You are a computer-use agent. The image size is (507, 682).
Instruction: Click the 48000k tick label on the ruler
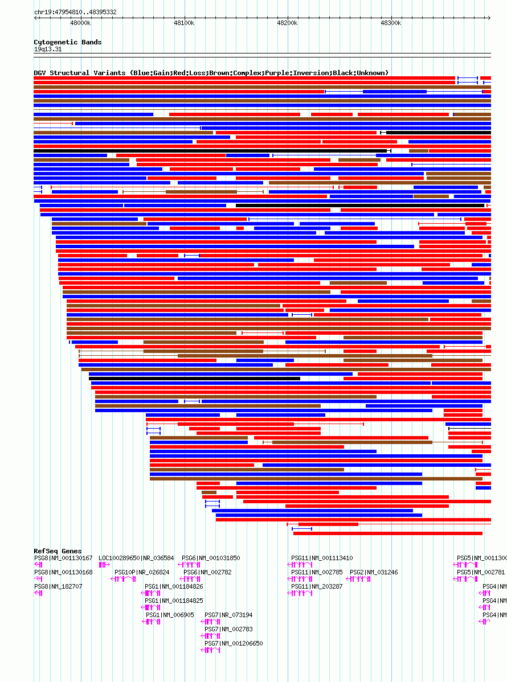pos(80,23)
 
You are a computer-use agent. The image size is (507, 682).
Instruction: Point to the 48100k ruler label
pos(183,23)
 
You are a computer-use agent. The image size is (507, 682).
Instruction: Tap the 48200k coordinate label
pos(287,23)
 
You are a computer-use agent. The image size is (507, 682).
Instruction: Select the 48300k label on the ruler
pos(391,23)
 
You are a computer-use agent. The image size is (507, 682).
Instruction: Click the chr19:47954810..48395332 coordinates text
pos(75,12)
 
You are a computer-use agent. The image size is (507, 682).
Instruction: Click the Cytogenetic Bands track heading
pos(68,42)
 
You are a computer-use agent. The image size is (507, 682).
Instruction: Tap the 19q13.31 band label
pos(48,49)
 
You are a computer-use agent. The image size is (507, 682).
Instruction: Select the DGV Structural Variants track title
pos(211,73)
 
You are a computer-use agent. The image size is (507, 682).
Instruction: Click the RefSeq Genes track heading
pos(58,551)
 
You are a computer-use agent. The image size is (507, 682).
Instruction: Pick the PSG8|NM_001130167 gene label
pos(63,558)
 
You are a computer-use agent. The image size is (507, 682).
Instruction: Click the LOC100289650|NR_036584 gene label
pos(136,558)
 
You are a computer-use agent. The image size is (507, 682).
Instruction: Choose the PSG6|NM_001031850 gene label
pos(211,558)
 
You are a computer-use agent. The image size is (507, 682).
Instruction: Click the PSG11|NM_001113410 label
pos(322,558)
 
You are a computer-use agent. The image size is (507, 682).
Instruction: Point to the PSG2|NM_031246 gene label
pos(374,572)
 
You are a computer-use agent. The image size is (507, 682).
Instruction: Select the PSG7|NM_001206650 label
pos(234,643)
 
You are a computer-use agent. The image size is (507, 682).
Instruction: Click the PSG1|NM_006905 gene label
pos(170,615)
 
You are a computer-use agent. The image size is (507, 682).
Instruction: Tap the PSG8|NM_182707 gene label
pos(58,586)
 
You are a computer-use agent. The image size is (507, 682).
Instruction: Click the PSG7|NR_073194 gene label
pos(228,615)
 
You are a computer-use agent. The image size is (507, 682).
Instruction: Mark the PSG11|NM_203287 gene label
pos(317,586)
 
